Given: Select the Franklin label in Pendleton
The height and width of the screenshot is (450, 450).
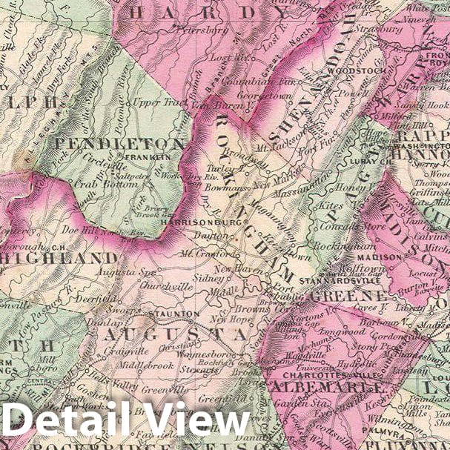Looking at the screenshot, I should [x=144, y=158].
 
